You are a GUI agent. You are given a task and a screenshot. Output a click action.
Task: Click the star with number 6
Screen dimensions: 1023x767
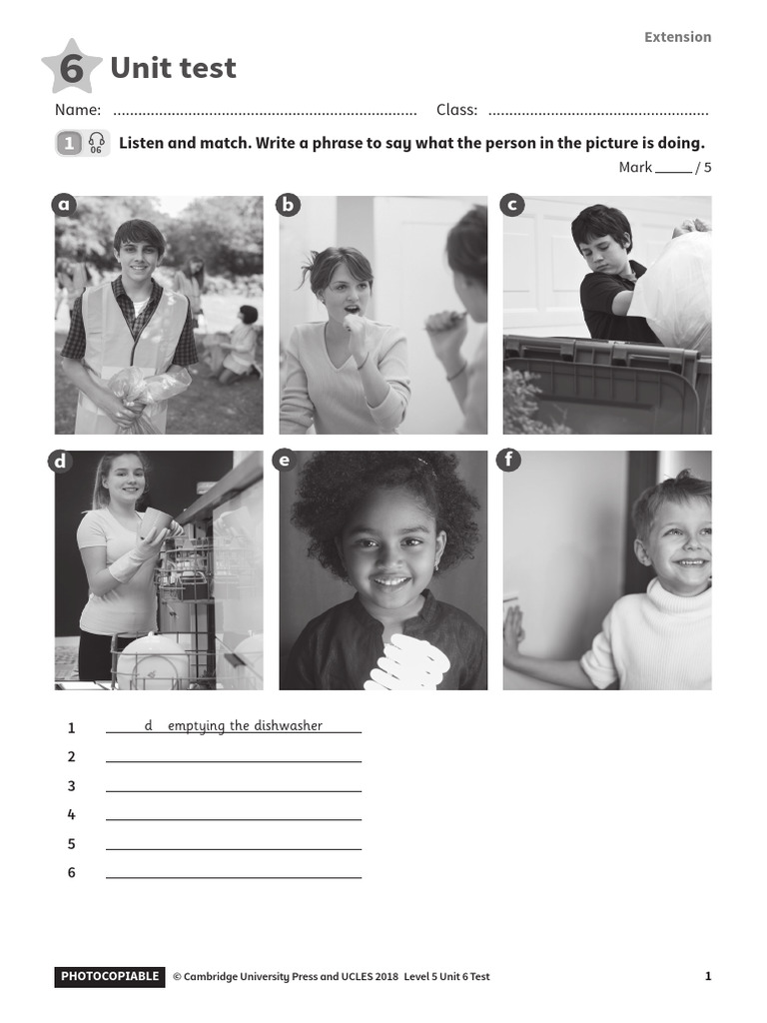[72, 68]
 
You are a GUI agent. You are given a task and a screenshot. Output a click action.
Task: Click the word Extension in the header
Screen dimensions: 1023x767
[677, 37]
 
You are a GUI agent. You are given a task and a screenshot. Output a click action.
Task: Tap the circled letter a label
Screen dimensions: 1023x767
[65, 206]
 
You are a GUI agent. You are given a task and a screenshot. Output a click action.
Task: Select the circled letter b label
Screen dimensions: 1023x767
[289, 206]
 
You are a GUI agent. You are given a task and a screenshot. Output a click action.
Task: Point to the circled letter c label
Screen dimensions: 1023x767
[512, 206]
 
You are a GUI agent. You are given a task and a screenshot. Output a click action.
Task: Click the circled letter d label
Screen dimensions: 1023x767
[60, 461]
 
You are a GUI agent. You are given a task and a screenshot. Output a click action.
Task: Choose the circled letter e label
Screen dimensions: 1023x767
[285, 461]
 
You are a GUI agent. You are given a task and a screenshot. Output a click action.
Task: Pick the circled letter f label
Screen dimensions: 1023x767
[509, 461]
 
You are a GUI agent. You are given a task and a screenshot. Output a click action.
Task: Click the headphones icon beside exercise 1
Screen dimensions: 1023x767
[96, 143]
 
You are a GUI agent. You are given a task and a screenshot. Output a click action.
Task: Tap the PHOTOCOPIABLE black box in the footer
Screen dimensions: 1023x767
[110, 976]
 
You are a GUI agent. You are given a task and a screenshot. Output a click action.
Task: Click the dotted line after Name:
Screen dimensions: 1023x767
[265, 111]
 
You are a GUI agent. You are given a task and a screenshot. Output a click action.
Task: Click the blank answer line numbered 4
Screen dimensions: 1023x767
[234, 818]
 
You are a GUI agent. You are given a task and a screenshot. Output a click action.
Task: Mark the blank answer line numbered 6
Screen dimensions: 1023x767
[234, 876]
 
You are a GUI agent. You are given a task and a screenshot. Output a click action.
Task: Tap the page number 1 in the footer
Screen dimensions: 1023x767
[708, 976]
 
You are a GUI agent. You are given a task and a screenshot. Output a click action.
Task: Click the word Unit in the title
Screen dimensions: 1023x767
[139, 68]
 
